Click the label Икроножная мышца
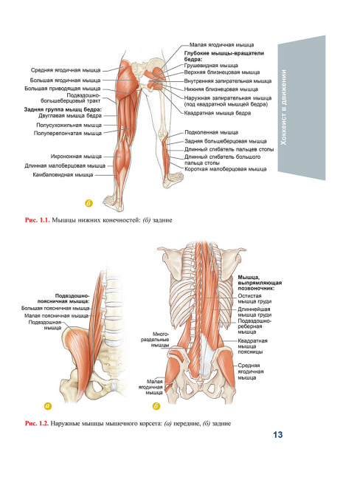pos(76,157)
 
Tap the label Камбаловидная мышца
pos(63,175)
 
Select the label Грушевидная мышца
pos(211,66)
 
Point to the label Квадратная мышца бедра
pos(218,113)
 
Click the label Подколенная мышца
pos(211,132)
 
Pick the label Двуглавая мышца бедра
pos(70,116)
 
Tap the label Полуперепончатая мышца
pos(68,134)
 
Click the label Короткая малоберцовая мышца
pos(226,169)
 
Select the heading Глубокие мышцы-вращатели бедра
pos(224,56)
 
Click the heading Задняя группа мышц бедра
pos(63,109)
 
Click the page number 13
pos(277,435)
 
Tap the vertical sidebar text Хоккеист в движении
pos(284,107)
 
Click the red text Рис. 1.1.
pos(37,220)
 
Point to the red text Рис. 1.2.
pos(37,424)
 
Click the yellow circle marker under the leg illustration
pos(89,203)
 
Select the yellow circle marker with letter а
pos(48,406)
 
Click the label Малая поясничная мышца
pos(56,315)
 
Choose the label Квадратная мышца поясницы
pos(252,346)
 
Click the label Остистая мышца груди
pos(255,299)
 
